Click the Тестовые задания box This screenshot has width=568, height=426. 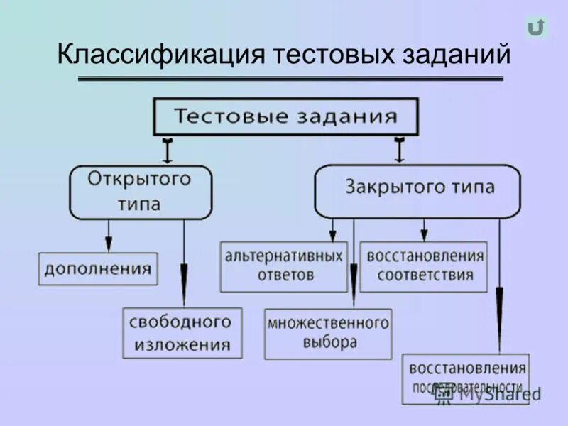(x=285, y=116)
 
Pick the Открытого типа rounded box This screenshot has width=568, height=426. (x=140, y=192)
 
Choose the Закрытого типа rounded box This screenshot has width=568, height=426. (x=417, y=190)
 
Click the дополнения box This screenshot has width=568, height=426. (x=98, y=268)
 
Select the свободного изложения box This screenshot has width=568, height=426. (x=181, y=332)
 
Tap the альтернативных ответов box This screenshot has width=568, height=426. (x=283, y=266)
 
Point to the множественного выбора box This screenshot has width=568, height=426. (x=328, y=333)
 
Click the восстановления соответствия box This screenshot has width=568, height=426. (x=424, y=266)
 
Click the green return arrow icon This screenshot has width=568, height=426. (x=536, y=27)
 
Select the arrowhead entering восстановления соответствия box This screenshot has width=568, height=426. (x=424, y=235)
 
